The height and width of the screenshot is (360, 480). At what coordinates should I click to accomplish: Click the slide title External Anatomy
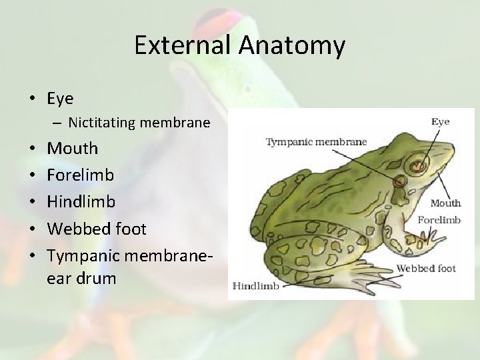[x=239, y=45]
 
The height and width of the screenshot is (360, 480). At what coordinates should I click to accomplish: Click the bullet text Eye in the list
[x=60, y=99]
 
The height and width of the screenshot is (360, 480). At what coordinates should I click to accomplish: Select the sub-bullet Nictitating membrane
[x=139, y=123]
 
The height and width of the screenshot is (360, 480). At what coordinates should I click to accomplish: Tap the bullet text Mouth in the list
[x=72, y=148]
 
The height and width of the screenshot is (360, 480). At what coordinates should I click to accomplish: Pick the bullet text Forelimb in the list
[x=80, y=175]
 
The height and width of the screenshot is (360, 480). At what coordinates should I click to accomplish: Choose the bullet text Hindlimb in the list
[x=81, y=201]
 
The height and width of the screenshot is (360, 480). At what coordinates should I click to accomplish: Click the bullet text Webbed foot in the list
[x=96, y=229]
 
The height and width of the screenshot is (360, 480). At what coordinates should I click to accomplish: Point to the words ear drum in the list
[x=81, y=278]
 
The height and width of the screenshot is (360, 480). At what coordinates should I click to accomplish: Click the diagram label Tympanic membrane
[x=316, y=141]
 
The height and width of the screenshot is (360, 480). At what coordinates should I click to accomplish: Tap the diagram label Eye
[x=440, y=121]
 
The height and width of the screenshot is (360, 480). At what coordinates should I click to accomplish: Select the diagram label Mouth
[x=445, y=203]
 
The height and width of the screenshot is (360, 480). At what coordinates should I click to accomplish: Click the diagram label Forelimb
[x=439, y=219]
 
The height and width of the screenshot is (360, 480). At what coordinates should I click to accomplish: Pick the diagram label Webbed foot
[x=426, y=268]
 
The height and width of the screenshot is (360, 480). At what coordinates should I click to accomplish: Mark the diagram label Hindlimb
[x=255, y=285]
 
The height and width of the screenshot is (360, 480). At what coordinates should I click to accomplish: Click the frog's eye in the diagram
[x=418, y=163]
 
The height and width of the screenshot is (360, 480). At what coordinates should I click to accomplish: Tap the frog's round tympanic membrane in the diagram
[x=400, y=181]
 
